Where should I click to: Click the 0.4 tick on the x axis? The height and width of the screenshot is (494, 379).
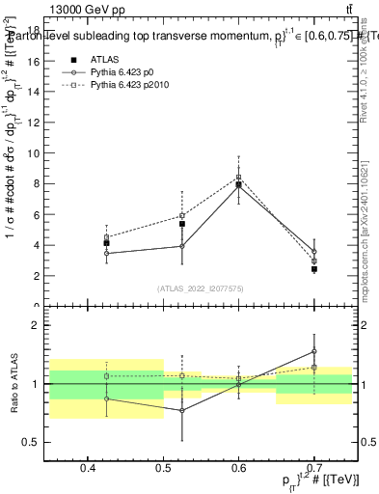click(88, 469)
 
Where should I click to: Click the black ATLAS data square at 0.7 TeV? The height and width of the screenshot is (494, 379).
click(314, 269)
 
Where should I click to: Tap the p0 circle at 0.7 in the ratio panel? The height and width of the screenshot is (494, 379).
click(314, 352)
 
